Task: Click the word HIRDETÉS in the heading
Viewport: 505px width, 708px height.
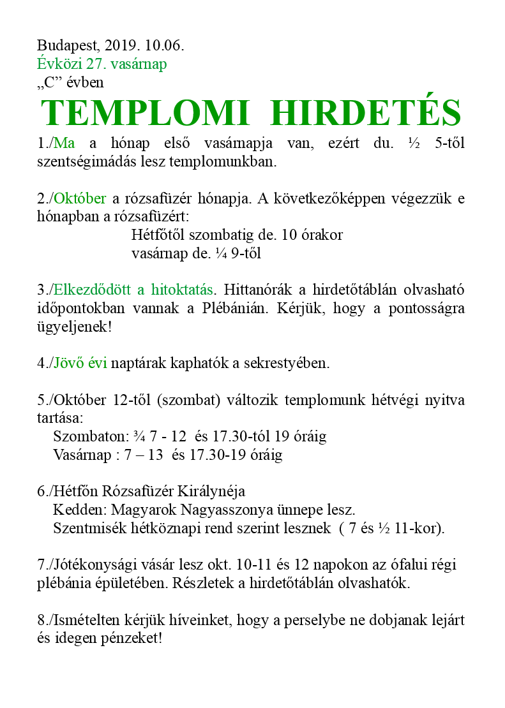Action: pyautogui.click(x=365, y=114)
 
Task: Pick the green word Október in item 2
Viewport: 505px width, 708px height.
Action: pyautogui.click(x=80, y=198)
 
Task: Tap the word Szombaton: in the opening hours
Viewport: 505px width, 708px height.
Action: pyautogui.click(x=91, y=437)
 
